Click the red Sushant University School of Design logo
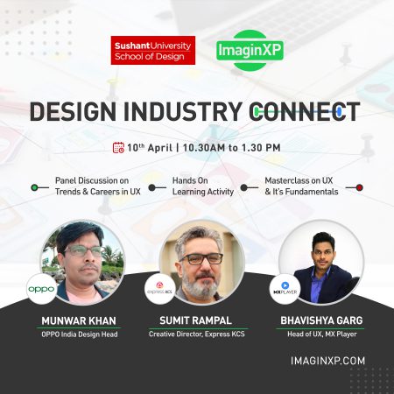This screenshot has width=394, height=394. click(x=153, y=50)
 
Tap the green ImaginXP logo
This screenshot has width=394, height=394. click(x=250, y=50)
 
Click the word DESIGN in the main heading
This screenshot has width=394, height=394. click(x=73, y=111)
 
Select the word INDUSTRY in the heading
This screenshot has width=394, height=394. click(x=183, y=111)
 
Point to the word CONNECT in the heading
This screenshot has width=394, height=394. click(x=305, y=111)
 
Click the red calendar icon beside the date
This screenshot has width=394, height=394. click(x=118, y=148)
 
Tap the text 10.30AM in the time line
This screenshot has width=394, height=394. click(x=204, y=148)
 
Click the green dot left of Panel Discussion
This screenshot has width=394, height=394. click(x=34, y=187)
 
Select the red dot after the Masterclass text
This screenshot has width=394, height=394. click(x=359, y=187)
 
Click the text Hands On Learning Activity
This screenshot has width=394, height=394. click(x=203, y=186)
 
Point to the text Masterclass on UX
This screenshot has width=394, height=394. click(x=299, y=180)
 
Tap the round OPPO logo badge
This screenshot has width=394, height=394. click(x=41, y=289)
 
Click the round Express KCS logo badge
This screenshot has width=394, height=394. click(x=160, y=289)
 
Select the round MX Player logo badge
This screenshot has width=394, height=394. click(x=285, y=289)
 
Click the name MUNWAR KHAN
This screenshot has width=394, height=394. click(x=79, y=321)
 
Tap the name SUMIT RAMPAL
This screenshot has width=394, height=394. click(x=196, y=320)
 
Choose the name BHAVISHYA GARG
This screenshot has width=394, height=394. click(x=321, y=320)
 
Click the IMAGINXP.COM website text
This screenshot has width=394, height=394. click(x=328, y=361)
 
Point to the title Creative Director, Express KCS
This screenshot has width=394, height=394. click(x=197, y=334)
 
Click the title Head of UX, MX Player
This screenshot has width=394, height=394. click(x=322, y=334)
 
